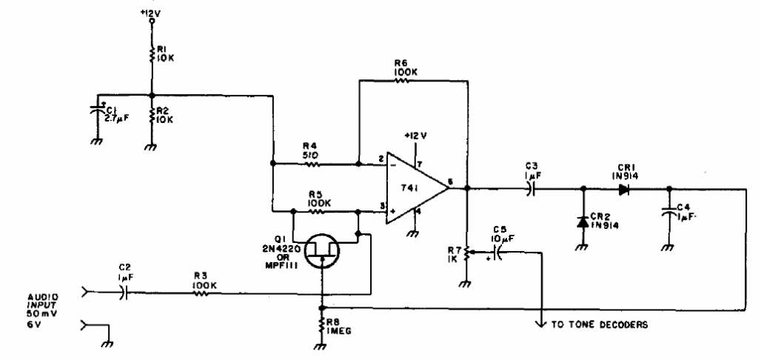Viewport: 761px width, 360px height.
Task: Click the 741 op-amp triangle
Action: point(415,188)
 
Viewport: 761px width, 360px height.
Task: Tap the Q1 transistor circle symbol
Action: point(323,252)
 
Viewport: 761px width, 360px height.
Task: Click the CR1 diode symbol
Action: point(623,188)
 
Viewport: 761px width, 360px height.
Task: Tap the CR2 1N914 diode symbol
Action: point(583,221)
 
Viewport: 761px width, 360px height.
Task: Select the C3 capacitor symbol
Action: point(529,188)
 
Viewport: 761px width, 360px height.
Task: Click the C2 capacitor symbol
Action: point(124,293)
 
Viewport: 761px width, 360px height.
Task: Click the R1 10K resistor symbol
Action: point(151,55)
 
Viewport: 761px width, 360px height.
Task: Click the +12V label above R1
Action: point(151,13)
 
